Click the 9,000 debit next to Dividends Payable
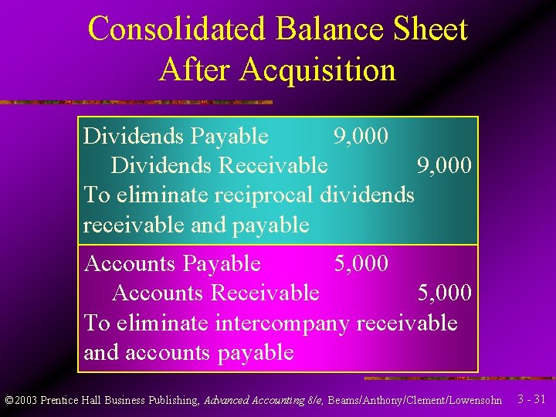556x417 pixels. [x=361, y=137]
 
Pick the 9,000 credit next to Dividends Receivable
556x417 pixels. [x=444, y=166]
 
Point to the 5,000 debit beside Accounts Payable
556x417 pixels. [x=361, y=264]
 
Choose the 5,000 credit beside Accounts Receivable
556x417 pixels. [x=444, y=293]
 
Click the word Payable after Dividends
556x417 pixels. [x=229, y=137]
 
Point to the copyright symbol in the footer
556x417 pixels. [x=8, y=401]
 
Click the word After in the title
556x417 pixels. [x=196, y=69]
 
